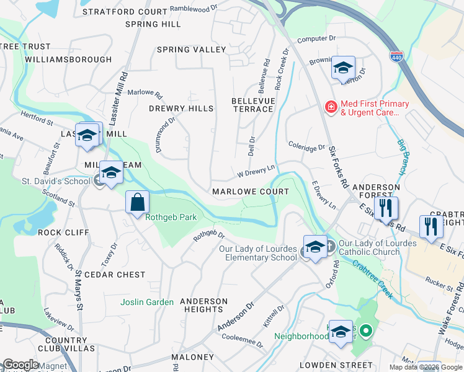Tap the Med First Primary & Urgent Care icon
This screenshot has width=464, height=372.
[x=331, y=108]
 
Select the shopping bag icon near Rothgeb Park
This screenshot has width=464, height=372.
[x=137, y=202]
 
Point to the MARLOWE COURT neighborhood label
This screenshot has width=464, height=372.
[x=251, y=192]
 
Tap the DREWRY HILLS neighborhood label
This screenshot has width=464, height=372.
[x=181, y=108]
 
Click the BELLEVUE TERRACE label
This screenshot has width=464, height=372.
[x=252, y=105]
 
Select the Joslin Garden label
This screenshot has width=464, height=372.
[x=147, y=302]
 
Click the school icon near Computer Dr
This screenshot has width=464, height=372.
[x=342, y=68]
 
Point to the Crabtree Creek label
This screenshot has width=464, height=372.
[x=372, y=278]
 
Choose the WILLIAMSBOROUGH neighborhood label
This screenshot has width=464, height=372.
[x=69, y=60]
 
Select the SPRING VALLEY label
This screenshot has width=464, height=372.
[x=191, y=50]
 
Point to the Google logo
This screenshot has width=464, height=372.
[x=20, y=365]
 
